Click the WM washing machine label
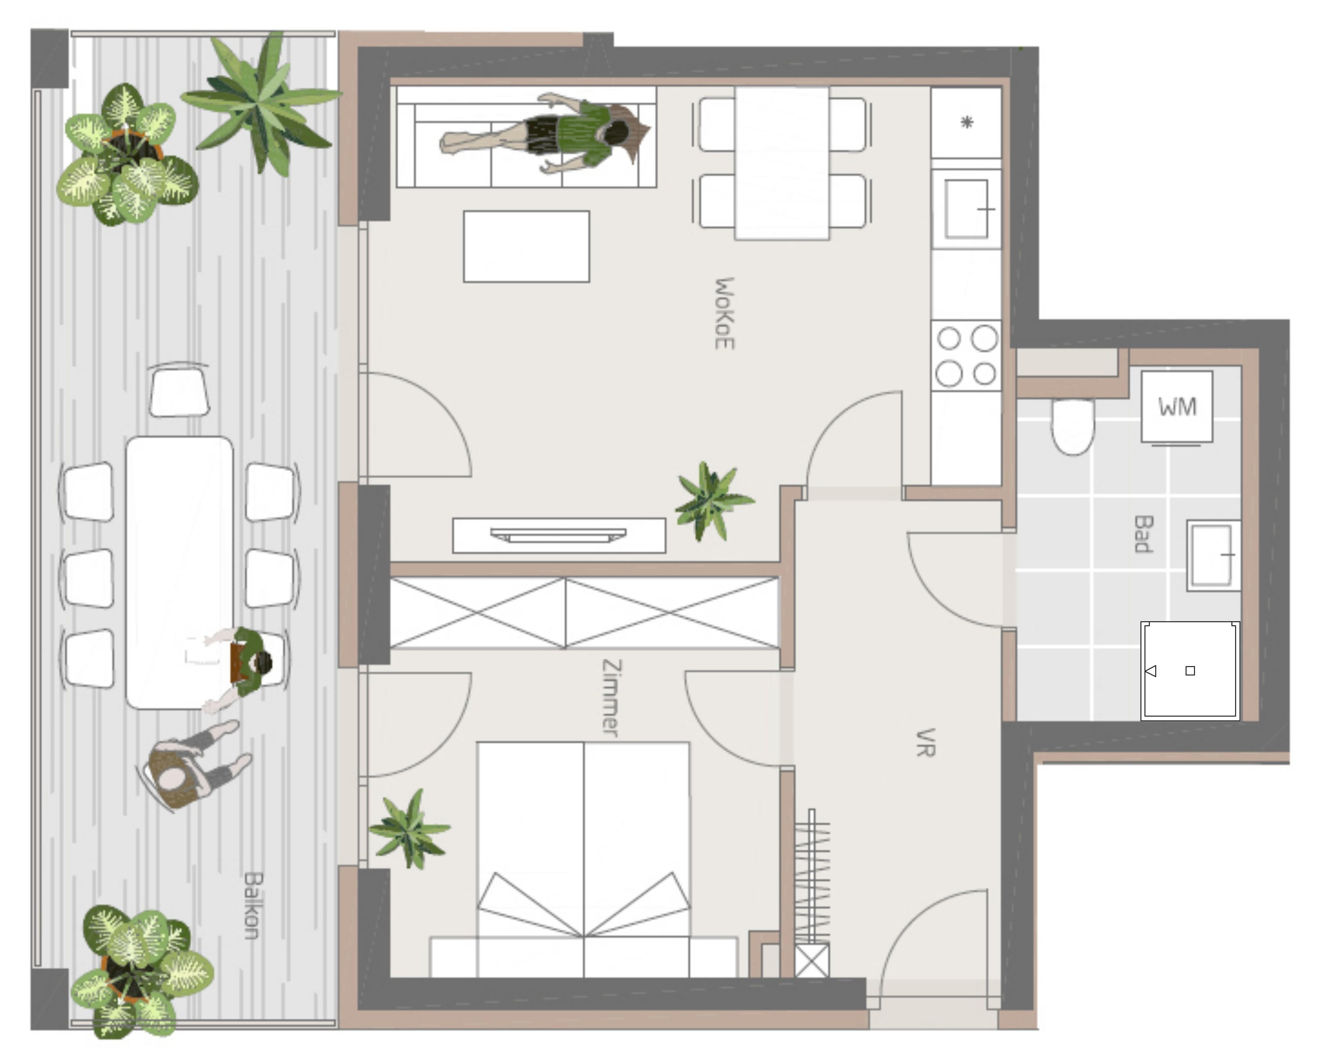(1177, 407)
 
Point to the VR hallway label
(925, 743)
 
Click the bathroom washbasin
(1214, 555)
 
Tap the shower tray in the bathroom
(1190, 670)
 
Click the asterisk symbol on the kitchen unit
(967, 122)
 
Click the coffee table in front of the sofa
(526, 246)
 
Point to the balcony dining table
(179, 573)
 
